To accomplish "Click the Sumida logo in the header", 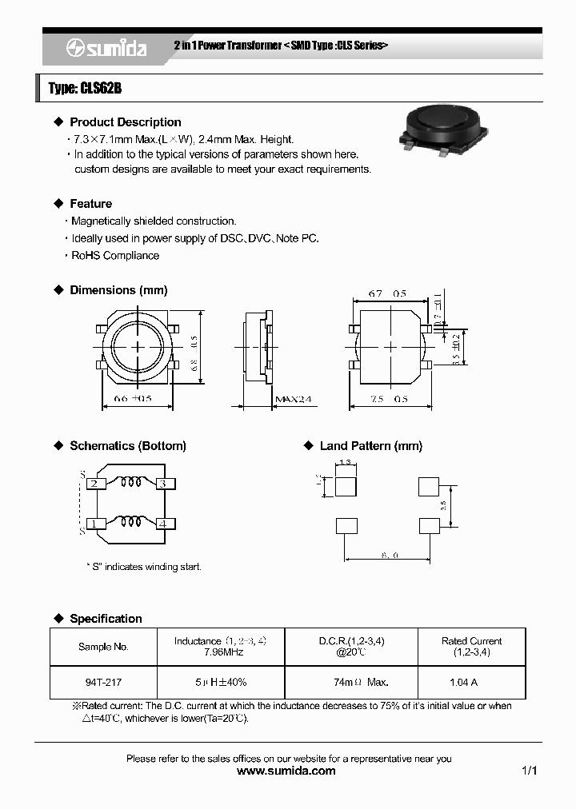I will [x=106, y=49].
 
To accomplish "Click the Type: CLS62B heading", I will [x=85, y=89].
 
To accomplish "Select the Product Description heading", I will [x=125, y=122].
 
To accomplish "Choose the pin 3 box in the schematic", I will [x=162, y=484].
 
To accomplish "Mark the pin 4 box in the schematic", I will [x=162, y=524].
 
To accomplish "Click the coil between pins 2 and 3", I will [x=129, y=482].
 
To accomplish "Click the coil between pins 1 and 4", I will [x=129, y=523].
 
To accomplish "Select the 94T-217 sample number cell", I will [x=103, y=683].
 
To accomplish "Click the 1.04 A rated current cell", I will [x=463, y=683].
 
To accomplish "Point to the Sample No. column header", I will [x=103, y=647].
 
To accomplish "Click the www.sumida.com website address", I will [x=287, y=771].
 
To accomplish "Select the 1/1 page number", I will [x=529, y=771].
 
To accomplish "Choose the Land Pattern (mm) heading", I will [x=370, y=446].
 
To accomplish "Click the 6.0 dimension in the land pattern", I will [x=390, y=554].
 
